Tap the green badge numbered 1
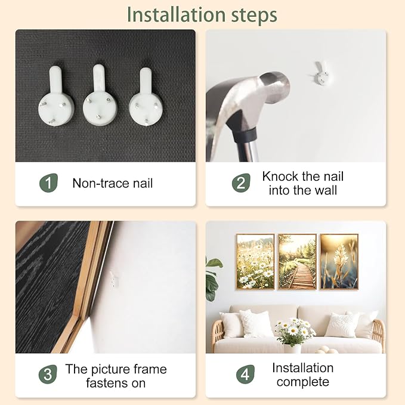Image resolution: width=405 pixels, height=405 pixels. tap(48, 183)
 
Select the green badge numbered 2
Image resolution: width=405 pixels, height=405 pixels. tap(241, 183)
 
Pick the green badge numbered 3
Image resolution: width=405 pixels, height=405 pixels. tap(48, 374)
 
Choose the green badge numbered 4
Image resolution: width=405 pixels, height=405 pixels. tap(245, 374)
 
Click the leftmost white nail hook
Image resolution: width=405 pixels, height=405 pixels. tap(56, 97)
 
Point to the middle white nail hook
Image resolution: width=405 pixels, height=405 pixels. tap(100, 95)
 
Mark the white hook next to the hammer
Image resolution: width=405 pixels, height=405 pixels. tap(320, 73)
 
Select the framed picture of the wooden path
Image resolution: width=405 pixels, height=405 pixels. tap(297, 262)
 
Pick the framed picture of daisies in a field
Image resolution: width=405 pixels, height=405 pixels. tap(255, 262)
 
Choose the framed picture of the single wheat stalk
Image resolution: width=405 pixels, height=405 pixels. tap(339, 262)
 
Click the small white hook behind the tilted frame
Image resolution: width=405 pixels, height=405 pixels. tap(114, 279)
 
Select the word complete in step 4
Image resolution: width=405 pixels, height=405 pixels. tap(303, 382)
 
